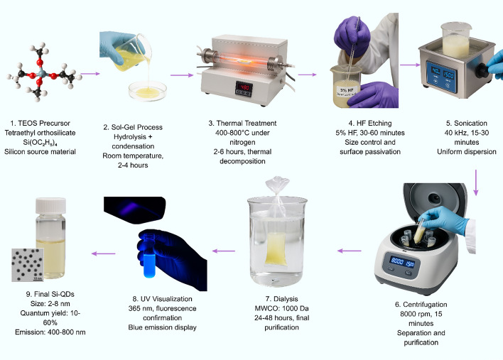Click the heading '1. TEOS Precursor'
click(40, 123)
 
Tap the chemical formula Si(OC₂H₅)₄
click(40, 142)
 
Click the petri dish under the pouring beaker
click(148, 91)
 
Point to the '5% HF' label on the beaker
click(347, 90)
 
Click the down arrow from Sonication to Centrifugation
click(476, 182)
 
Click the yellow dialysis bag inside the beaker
click(276, 249)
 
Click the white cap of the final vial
click(50, 205)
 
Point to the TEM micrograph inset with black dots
click(28, 265)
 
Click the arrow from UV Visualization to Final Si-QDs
click(103, 253)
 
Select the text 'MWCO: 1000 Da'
click(281, 308)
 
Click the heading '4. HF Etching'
click(370, 123)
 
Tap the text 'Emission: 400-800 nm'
click(50, 332)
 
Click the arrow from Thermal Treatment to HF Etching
click(307, 75)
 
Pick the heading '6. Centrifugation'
click(421, 304)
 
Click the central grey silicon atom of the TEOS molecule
click(42, 73)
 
